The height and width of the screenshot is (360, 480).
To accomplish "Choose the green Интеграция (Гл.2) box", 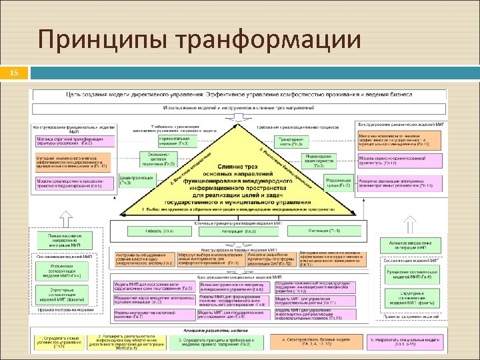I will tap(241, 231).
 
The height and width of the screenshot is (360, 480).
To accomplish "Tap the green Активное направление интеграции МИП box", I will tap(408, 246).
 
